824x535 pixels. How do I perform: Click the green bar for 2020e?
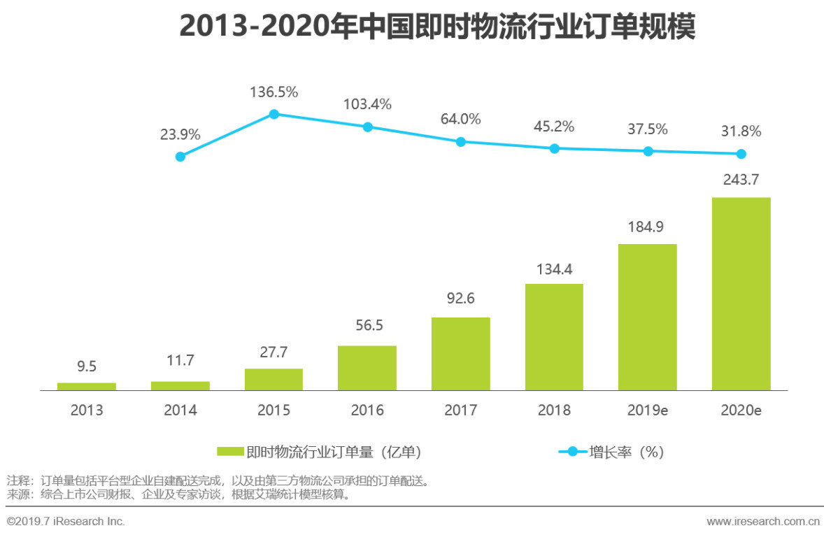click(x=741, y=294)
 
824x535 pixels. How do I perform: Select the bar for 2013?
click(x=87, y=386)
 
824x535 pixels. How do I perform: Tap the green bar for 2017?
click(x=460, y=354)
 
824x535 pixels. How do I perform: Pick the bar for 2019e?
click(x=648, y=317)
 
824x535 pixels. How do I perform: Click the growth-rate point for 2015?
click(x=274, y=114)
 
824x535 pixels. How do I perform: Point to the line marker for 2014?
click(x=180, y=157)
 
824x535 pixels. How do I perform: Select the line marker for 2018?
click(x=554, y=148)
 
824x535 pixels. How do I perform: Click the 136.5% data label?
click(x=274, y=92)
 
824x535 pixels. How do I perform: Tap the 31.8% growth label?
click(x=741, y=131)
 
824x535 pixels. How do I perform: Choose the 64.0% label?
click(x=460, y=119)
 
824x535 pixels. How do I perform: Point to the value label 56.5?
click(x=367, y=326)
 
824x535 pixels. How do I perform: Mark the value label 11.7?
click(x=180, y=361)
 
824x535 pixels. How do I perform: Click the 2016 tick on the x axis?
click(x=367, y=411)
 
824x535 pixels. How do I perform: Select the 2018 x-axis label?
click(x=554, y=411)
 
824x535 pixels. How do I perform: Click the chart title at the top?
click(x=437, y=27)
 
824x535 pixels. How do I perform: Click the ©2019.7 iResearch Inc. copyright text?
click(x=66, y=522)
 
